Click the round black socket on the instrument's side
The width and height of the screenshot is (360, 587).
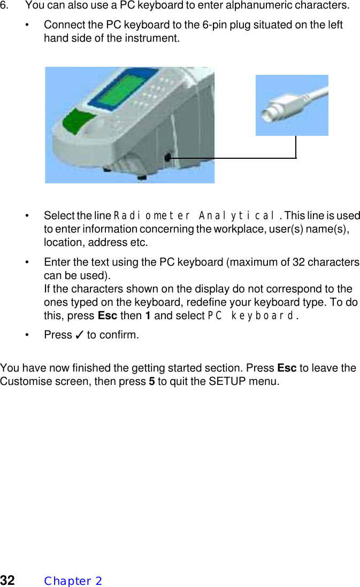point(168,158)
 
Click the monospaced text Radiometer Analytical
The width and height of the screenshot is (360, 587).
point(195,216)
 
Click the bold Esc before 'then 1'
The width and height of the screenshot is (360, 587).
point(108,315)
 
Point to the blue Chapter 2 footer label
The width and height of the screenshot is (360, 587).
point(73,581)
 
